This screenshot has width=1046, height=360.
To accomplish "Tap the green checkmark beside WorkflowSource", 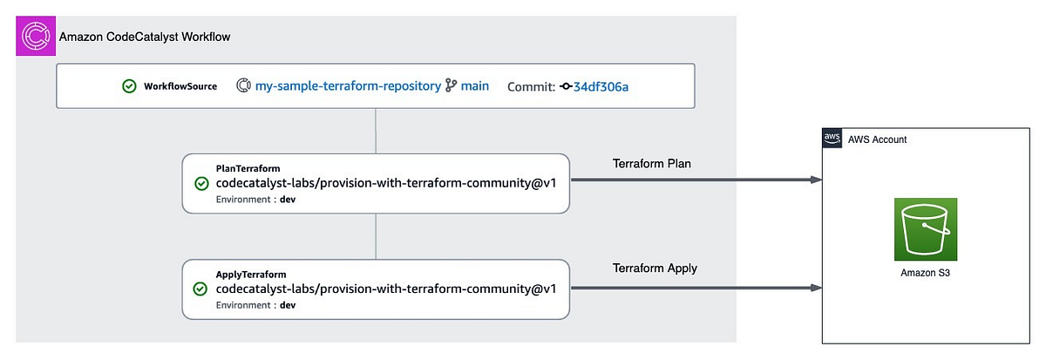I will tap(129, 86).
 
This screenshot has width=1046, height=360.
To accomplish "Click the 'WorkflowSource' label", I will tap(181, 86).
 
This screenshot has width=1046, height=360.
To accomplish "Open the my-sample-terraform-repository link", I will tap(347, 86).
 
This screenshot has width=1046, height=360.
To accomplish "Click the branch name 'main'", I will tap(475, 86).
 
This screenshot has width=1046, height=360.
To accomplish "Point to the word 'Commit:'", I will tap(530, 86).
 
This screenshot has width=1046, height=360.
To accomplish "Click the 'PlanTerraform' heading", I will tap(248, 167).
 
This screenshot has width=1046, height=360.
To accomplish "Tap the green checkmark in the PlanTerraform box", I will tap(201, 183).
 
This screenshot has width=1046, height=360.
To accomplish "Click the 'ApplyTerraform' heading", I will tap(251, 274).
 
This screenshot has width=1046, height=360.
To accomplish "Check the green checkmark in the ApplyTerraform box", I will tap(201, 289).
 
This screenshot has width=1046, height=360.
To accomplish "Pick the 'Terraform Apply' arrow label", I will tap(655, 268).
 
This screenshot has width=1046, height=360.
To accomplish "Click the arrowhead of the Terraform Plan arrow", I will tap(816, 180).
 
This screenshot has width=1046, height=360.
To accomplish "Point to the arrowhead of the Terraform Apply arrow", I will tap(816, 287).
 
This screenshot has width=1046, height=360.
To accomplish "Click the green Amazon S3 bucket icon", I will tap(926, 229).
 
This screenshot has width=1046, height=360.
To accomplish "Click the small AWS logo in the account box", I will tap(832, 139).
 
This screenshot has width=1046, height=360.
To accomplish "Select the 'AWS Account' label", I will tap(877, 139).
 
